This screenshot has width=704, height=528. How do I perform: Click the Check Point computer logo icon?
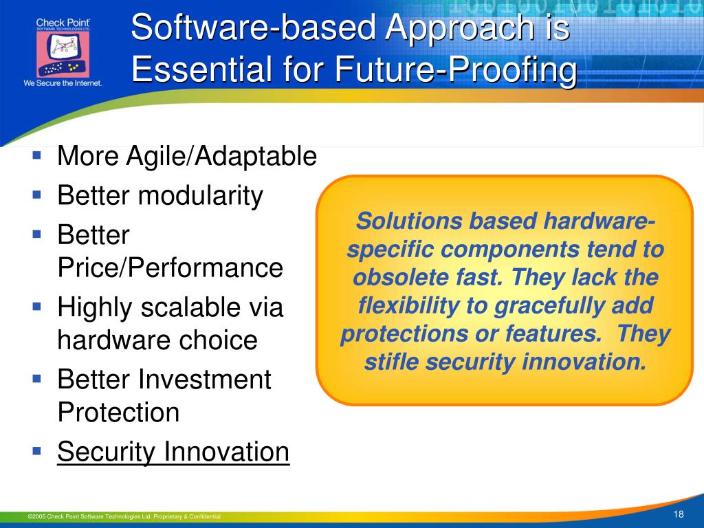[63, 54]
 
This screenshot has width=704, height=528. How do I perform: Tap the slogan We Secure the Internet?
[63, 83]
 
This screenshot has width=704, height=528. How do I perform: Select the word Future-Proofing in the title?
[456, 69]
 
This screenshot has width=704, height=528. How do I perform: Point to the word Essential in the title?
[203, 69]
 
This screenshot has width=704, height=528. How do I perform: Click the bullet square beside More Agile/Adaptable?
[37, 156]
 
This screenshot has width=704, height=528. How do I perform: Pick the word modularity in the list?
[201, 196]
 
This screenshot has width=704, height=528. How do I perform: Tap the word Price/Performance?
[170, 268]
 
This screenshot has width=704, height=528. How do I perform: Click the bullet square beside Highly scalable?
[37, 307]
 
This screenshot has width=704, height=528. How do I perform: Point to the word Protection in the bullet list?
[118, 412]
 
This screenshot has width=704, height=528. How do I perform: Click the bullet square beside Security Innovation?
[37, 450]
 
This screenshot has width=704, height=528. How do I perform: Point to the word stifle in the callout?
[391, 362]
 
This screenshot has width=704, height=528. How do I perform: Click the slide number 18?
[679, 514]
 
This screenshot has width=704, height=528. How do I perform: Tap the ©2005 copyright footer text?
[124, 516]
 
